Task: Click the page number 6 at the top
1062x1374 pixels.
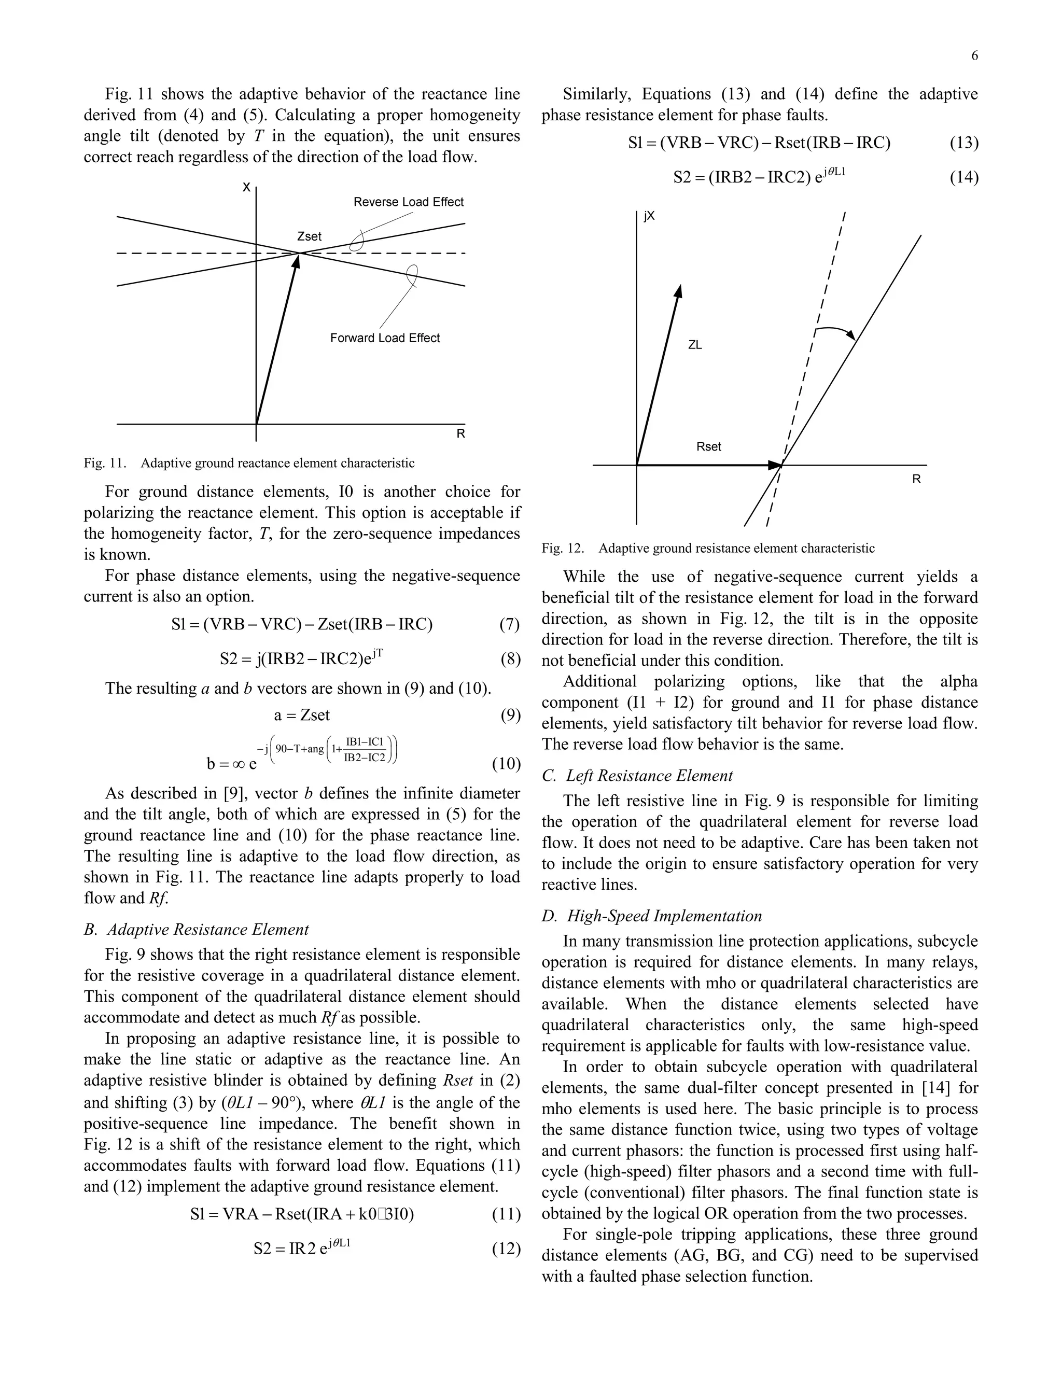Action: pyautogui.click(x=974, y=56)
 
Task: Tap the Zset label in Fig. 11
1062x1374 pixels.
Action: pyautogui.click(x=309, y=236)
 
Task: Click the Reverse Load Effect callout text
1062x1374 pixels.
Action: pyautogui.click(x=408, y=202)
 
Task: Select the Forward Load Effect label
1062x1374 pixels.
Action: pyautogui.click(x=385, y=338)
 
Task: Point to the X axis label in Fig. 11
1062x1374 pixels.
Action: pyautogui.click(x=247, y=188)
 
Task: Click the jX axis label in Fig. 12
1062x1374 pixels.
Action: pyautogui.click(x=649, y=216)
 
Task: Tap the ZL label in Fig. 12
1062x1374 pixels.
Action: pyautogui.click(x=694, y=345)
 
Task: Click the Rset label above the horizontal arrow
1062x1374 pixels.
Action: pyautogui.click(x=708, y=446)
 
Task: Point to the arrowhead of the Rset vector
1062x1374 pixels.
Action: pyautogui.click(x=775, y=466)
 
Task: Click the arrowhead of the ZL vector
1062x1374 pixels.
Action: pyautogui.click(x=678, y=291)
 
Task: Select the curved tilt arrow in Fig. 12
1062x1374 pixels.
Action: pyautogui.click(x=835, y=331)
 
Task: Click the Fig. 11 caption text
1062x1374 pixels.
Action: pyautogui.click(x=249, y=463)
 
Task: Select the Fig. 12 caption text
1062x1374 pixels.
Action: pyautogui.click(x=708, y=548)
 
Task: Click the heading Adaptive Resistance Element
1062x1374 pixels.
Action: pyautogui.click(x=207, y=929)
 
